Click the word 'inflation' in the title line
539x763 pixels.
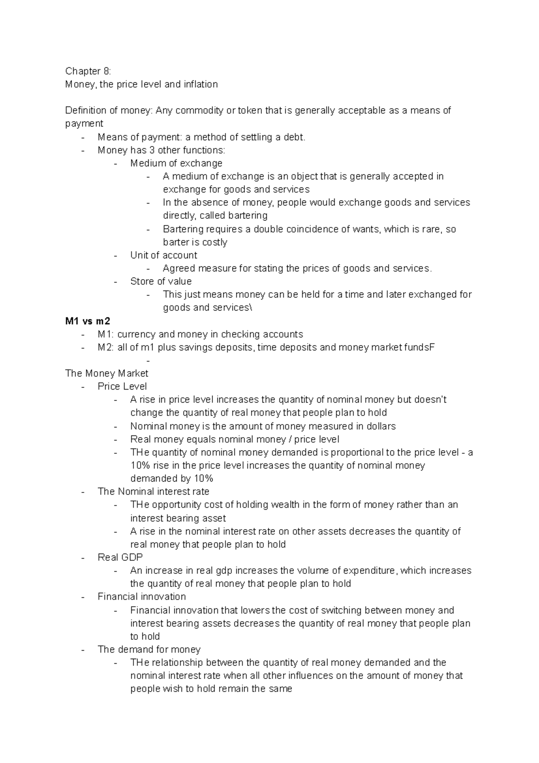tap(200, 84)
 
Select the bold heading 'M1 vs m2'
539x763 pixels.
tap(87, 321)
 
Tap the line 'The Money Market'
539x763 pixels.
tap(106, 373)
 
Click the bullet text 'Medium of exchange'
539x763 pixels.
tap(176, 163)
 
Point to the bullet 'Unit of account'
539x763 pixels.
tap(163, 255)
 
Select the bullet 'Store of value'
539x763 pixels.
tap(161, 281)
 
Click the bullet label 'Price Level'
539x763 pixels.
tap(122, 386)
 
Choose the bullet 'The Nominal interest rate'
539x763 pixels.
tap(153, 492)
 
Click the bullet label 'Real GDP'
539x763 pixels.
tap(120, 557)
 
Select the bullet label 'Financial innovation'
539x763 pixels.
tap(141, 597)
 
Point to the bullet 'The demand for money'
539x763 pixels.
tap(149, 649)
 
